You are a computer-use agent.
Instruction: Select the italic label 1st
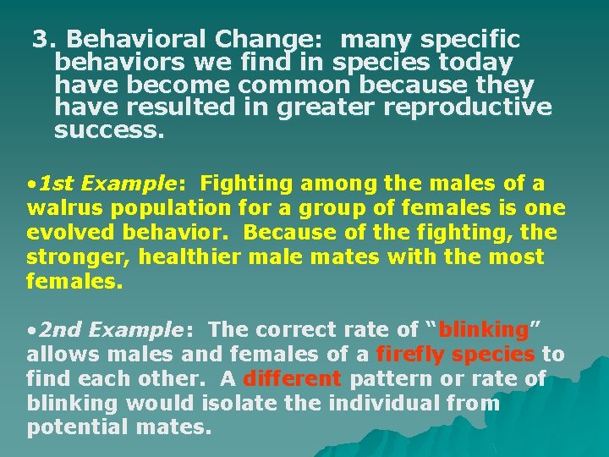57,184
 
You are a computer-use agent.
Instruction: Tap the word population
173,208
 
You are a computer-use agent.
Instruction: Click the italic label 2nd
59,329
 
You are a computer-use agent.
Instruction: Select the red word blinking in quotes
484,329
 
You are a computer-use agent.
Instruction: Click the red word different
292,378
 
